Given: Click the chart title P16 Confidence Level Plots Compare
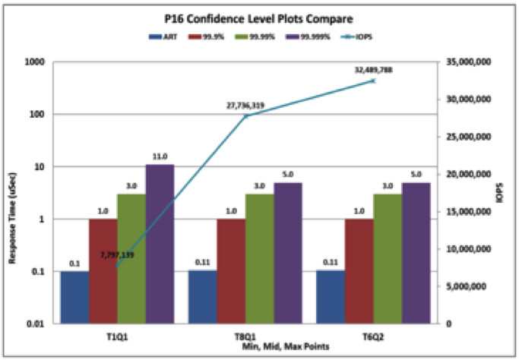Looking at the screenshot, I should click(x=260, y=18).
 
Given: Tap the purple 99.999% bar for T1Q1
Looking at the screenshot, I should click(x=160, y=243).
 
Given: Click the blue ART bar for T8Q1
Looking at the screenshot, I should click(x=203, y=296).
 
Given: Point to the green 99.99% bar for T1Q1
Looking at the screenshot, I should click(x=131, y=258).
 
